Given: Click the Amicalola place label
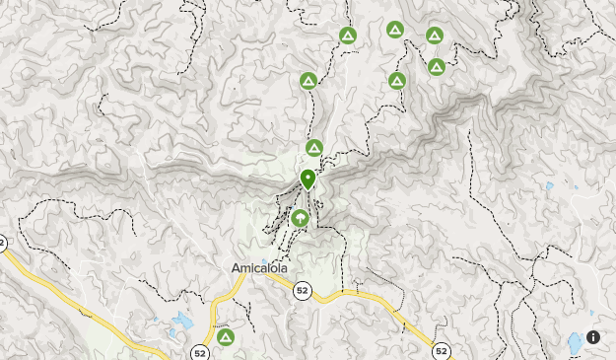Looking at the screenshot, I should pyautogui.click(x=257, y=267).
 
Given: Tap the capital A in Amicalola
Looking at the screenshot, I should pyautogui.click(x=236, y=267).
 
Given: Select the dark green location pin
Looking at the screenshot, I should pyautogui.click(x=308, y=180).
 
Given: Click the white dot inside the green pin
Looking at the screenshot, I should pyautogui.click(x=308, y=177).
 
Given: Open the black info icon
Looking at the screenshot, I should pyautogui.click(x=593, y=336).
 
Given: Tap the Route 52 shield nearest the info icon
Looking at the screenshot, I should pyautogui.click(x=441, y=350).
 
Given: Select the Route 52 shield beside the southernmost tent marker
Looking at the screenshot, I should pyautogui.click(x=200, y=351).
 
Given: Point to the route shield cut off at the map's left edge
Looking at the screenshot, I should pyautogui.click(x=3, y=243).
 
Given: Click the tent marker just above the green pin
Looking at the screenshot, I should pyautogui.click(x=314, y=148).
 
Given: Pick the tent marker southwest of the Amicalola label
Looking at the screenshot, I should pyautogui.click(x=226, y=337).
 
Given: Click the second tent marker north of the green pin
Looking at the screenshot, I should pyautogui.click(x=308, y=81).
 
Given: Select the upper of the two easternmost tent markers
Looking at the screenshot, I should pyautogui.click(x=434, y=36).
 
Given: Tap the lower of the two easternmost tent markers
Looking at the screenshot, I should pyautogui.click(x=436, y=67).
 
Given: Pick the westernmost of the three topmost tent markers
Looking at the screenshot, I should pyautogui.click(x=347, y=36).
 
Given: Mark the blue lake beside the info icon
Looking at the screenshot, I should pyautogui.click(x=574, y=343).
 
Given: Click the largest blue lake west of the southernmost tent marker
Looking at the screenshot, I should pyautogui.click(x=182, y=322).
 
